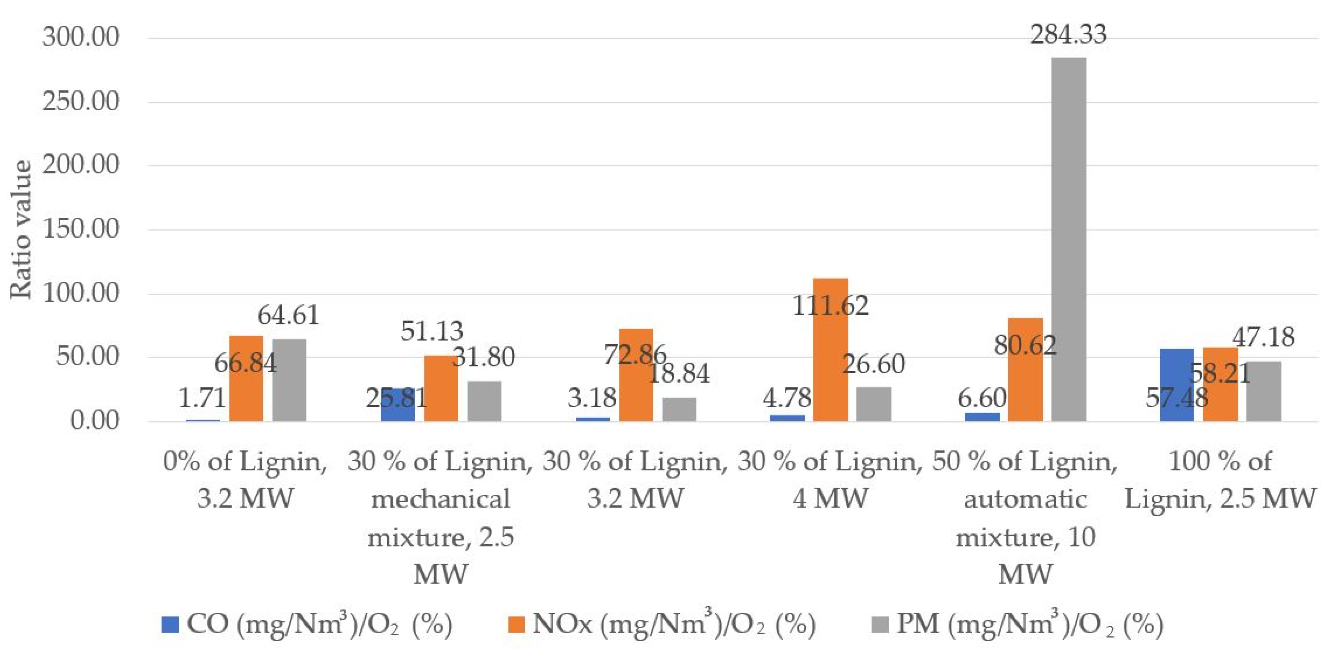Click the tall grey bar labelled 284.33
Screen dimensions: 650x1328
click(x=1068, y=240)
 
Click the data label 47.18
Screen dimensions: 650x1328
click(x=1263, y=337)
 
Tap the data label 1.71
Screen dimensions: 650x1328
click(x=202, y=398)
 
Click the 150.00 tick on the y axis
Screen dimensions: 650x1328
click(x=81, y=229)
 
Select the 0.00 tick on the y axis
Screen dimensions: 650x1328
click(x=94, y=421)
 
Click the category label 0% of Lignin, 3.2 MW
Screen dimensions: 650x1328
click(x=245, y=480)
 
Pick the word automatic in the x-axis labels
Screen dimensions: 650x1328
click(x=1026, y=500)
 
